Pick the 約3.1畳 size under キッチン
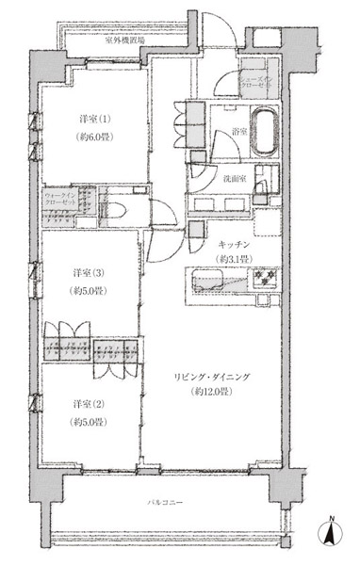point(232,259)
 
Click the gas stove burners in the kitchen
point(260,280)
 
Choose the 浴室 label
point(239,134)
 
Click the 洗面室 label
point(236,177)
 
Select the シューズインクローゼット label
point(257,78)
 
